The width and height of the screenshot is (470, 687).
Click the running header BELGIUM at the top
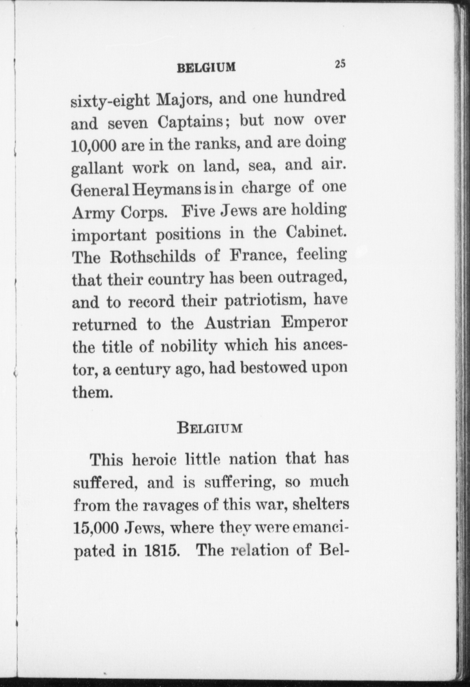pyautogui.click(x=206, y=67)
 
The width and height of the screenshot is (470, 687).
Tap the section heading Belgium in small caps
pyautogui.click(x=209, y=427)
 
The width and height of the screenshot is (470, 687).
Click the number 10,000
pyautogui.click(x=94, y=146)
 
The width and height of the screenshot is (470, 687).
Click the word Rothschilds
pyautogui.click(x=152, y=257)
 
